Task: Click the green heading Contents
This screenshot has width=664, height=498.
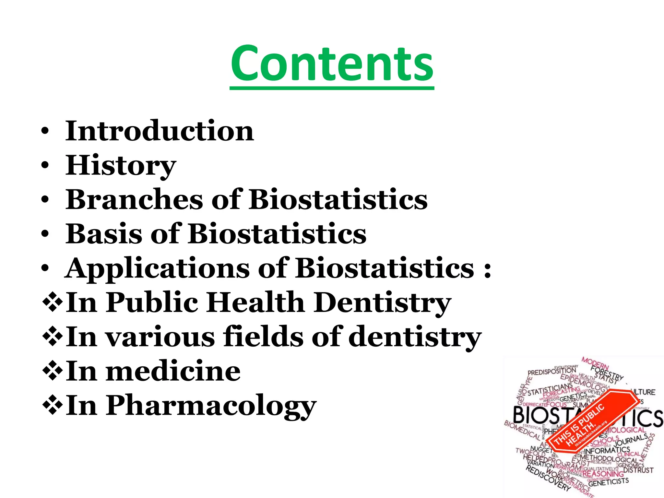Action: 332,63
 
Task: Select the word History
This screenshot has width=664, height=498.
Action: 121,165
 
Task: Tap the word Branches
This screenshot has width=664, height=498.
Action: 134,199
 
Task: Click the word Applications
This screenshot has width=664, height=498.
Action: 158,269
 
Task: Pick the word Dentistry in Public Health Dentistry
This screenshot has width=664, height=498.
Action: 383,302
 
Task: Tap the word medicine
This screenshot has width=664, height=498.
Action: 173,371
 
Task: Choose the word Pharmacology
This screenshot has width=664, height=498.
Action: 211,406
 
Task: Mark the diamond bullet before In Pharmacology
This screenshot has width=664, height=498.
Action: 52,406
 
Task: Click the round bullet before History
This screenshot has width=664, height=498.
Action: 45,165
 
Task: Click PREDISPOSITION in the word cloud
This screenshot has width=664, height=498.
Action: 552,372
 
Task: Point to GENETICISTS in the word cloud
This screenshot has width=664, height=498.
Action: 608,482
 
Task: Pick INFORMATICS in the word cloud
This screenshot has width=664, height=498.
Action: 607,450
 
